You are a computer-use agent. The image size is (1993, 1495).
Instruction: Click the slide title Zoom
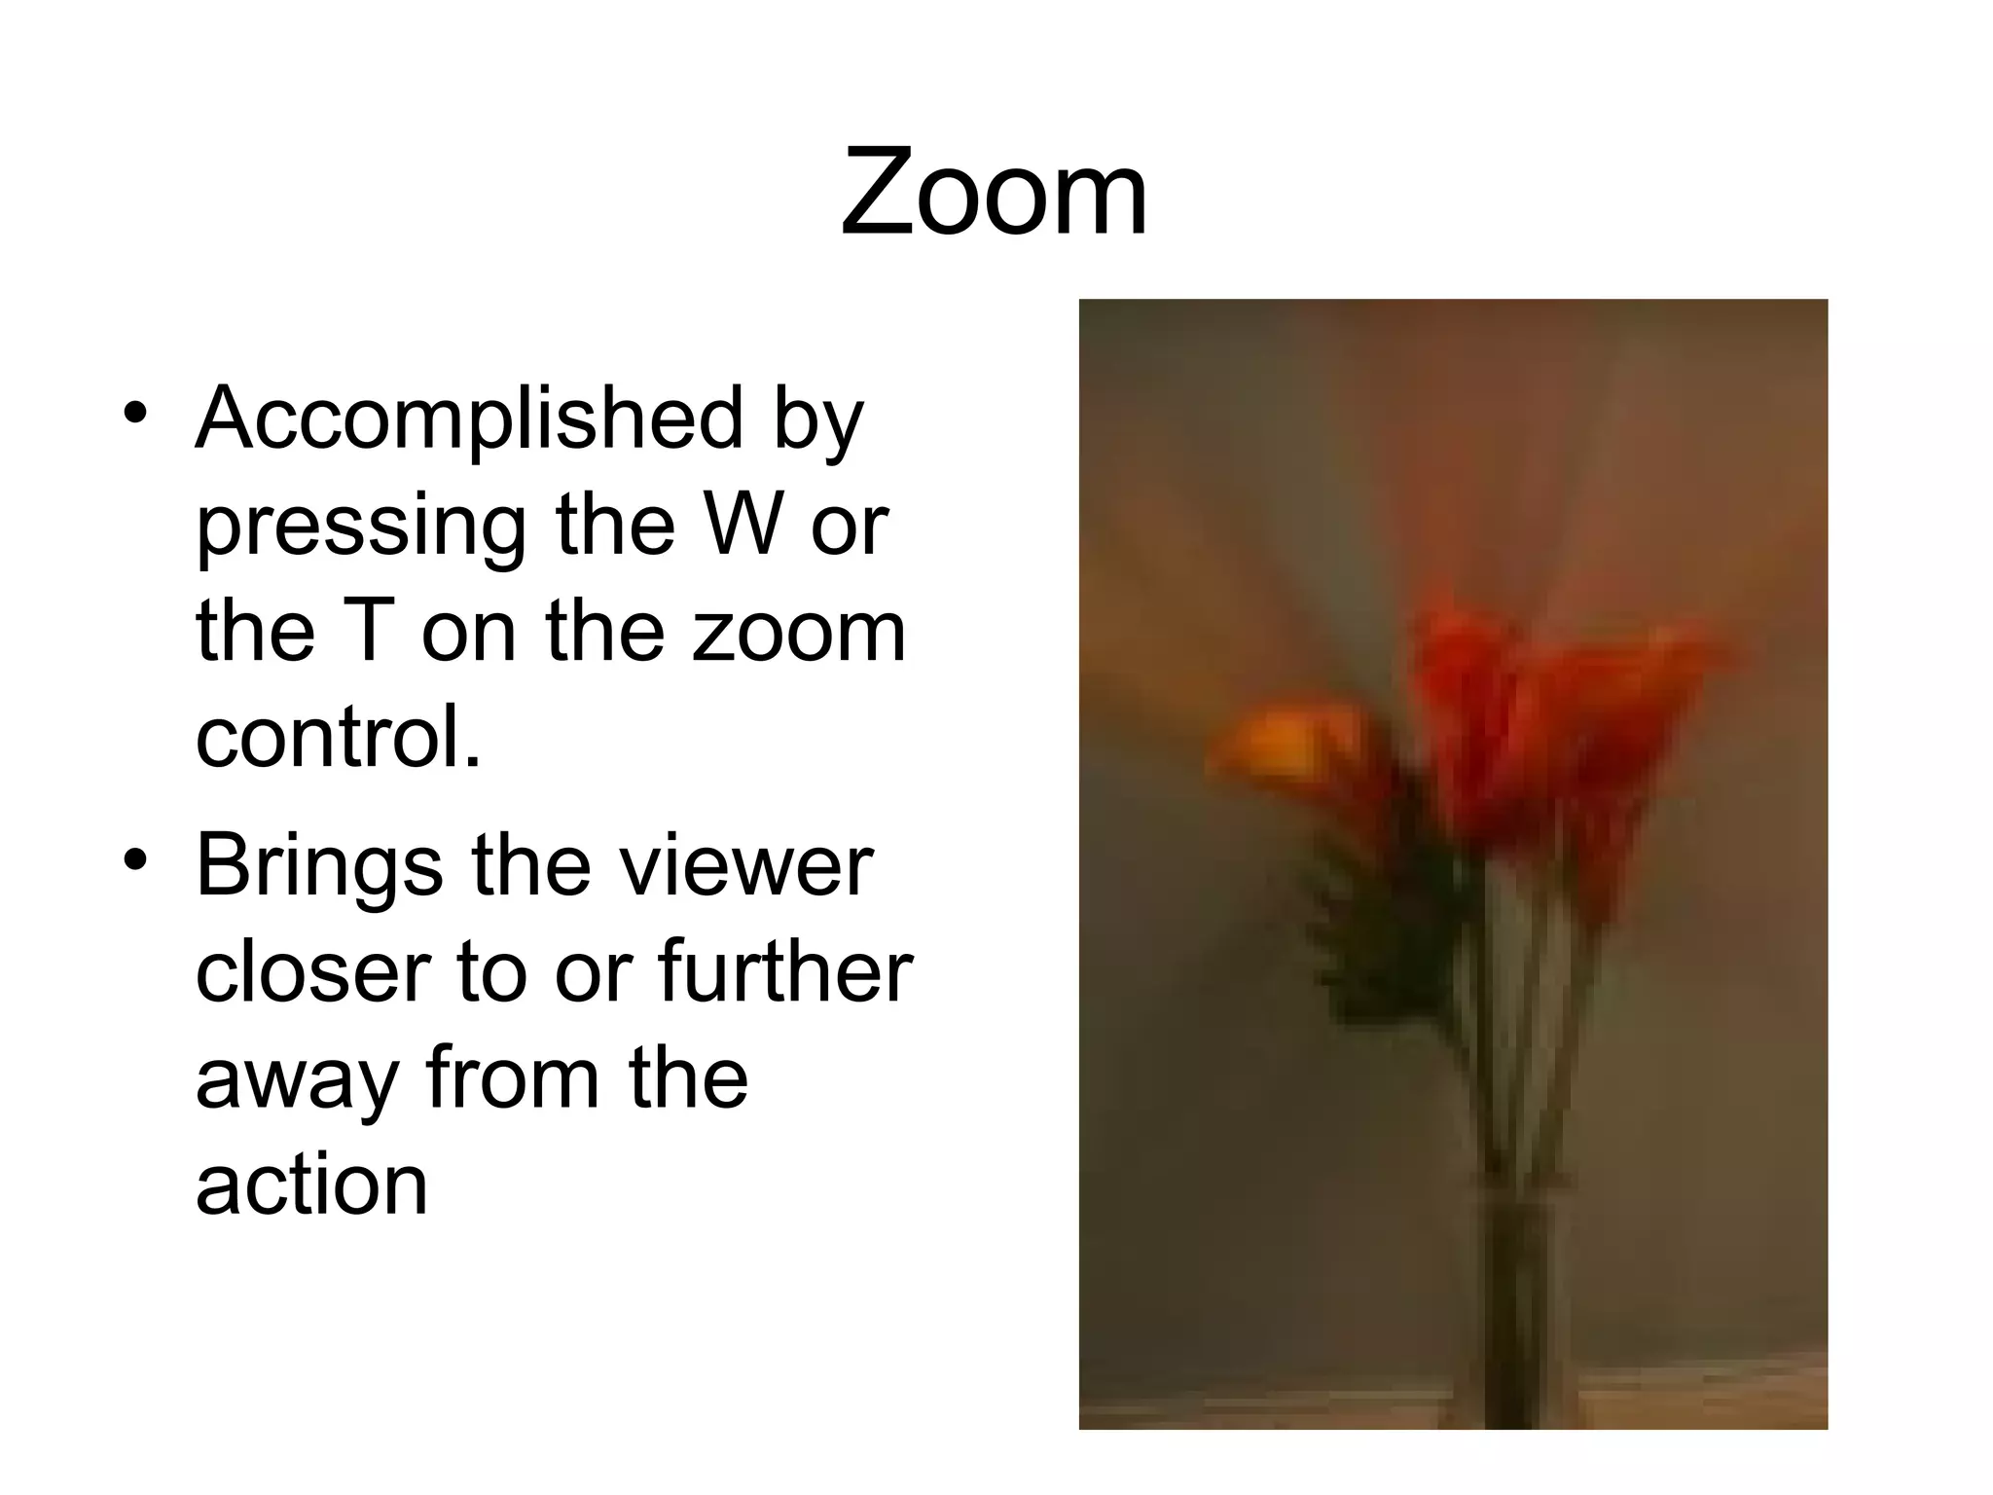click(x=994, y=192)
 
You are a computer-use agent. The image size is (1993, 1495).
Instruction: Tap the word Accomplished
click(x=469, y=418)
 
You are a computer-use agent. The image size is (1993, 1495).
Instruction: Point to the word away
click(x=296, y=1080)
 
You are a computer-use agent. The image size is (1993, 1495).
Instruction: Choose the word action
click(x=311, y=1185)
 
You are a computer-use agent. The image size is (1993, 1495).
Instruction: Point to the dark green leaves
click(x=1382, y=925)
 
